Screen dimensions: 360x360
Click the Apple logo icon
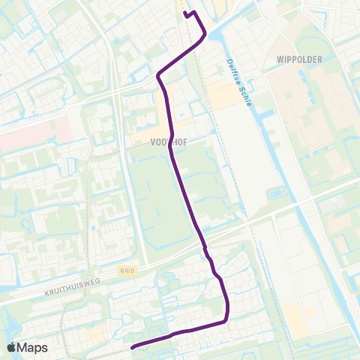(x=12, y=347)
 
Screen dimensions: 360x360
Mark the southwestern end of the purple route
(x=133, y=347)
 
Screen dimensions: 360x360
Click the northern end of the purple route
(x=185, y=13)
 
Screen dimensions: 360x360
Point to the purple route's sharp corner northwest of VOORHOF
(x=158, y=75)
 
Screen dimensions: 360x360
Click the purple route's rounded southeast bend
(x=225, y=319)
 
